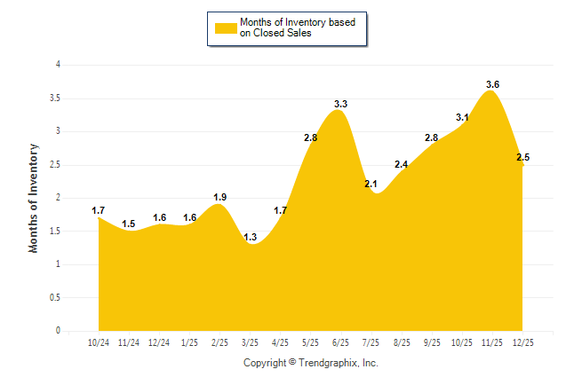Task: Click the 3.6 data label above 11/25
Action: coord(492,84)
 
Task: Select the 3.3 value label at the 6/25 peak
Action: coord(340,104)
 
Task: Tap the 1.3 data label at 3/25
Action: coord(250,237)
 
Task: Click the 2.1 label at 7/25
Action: coord(371,184)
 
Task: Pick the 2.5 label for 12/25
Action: coord(522,157)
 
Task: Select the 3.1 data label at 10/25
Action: coord(462,117)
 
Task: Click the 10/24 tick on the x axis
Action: coord(99,342)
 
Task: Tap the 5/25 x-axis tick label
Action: coord(311,342)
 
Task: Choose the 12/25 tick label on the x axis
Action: coord(523,342)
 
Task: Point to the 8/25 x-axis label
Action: coord(402,342)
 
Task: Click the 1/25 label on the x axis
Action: coord(189,342)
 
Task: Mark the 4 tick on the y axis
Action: coord(58,65)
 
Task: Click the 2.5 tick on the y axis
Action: coord(55,164)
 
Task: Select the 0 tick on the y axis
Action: coord(58,331)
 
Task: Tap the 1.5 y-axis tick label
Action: coord(55,231)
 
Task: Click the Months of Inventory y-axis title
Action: coord(34,198)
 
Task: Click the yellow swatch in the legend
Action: coord(224,27)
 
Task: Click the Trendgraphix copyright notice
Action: coord(311,363)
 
